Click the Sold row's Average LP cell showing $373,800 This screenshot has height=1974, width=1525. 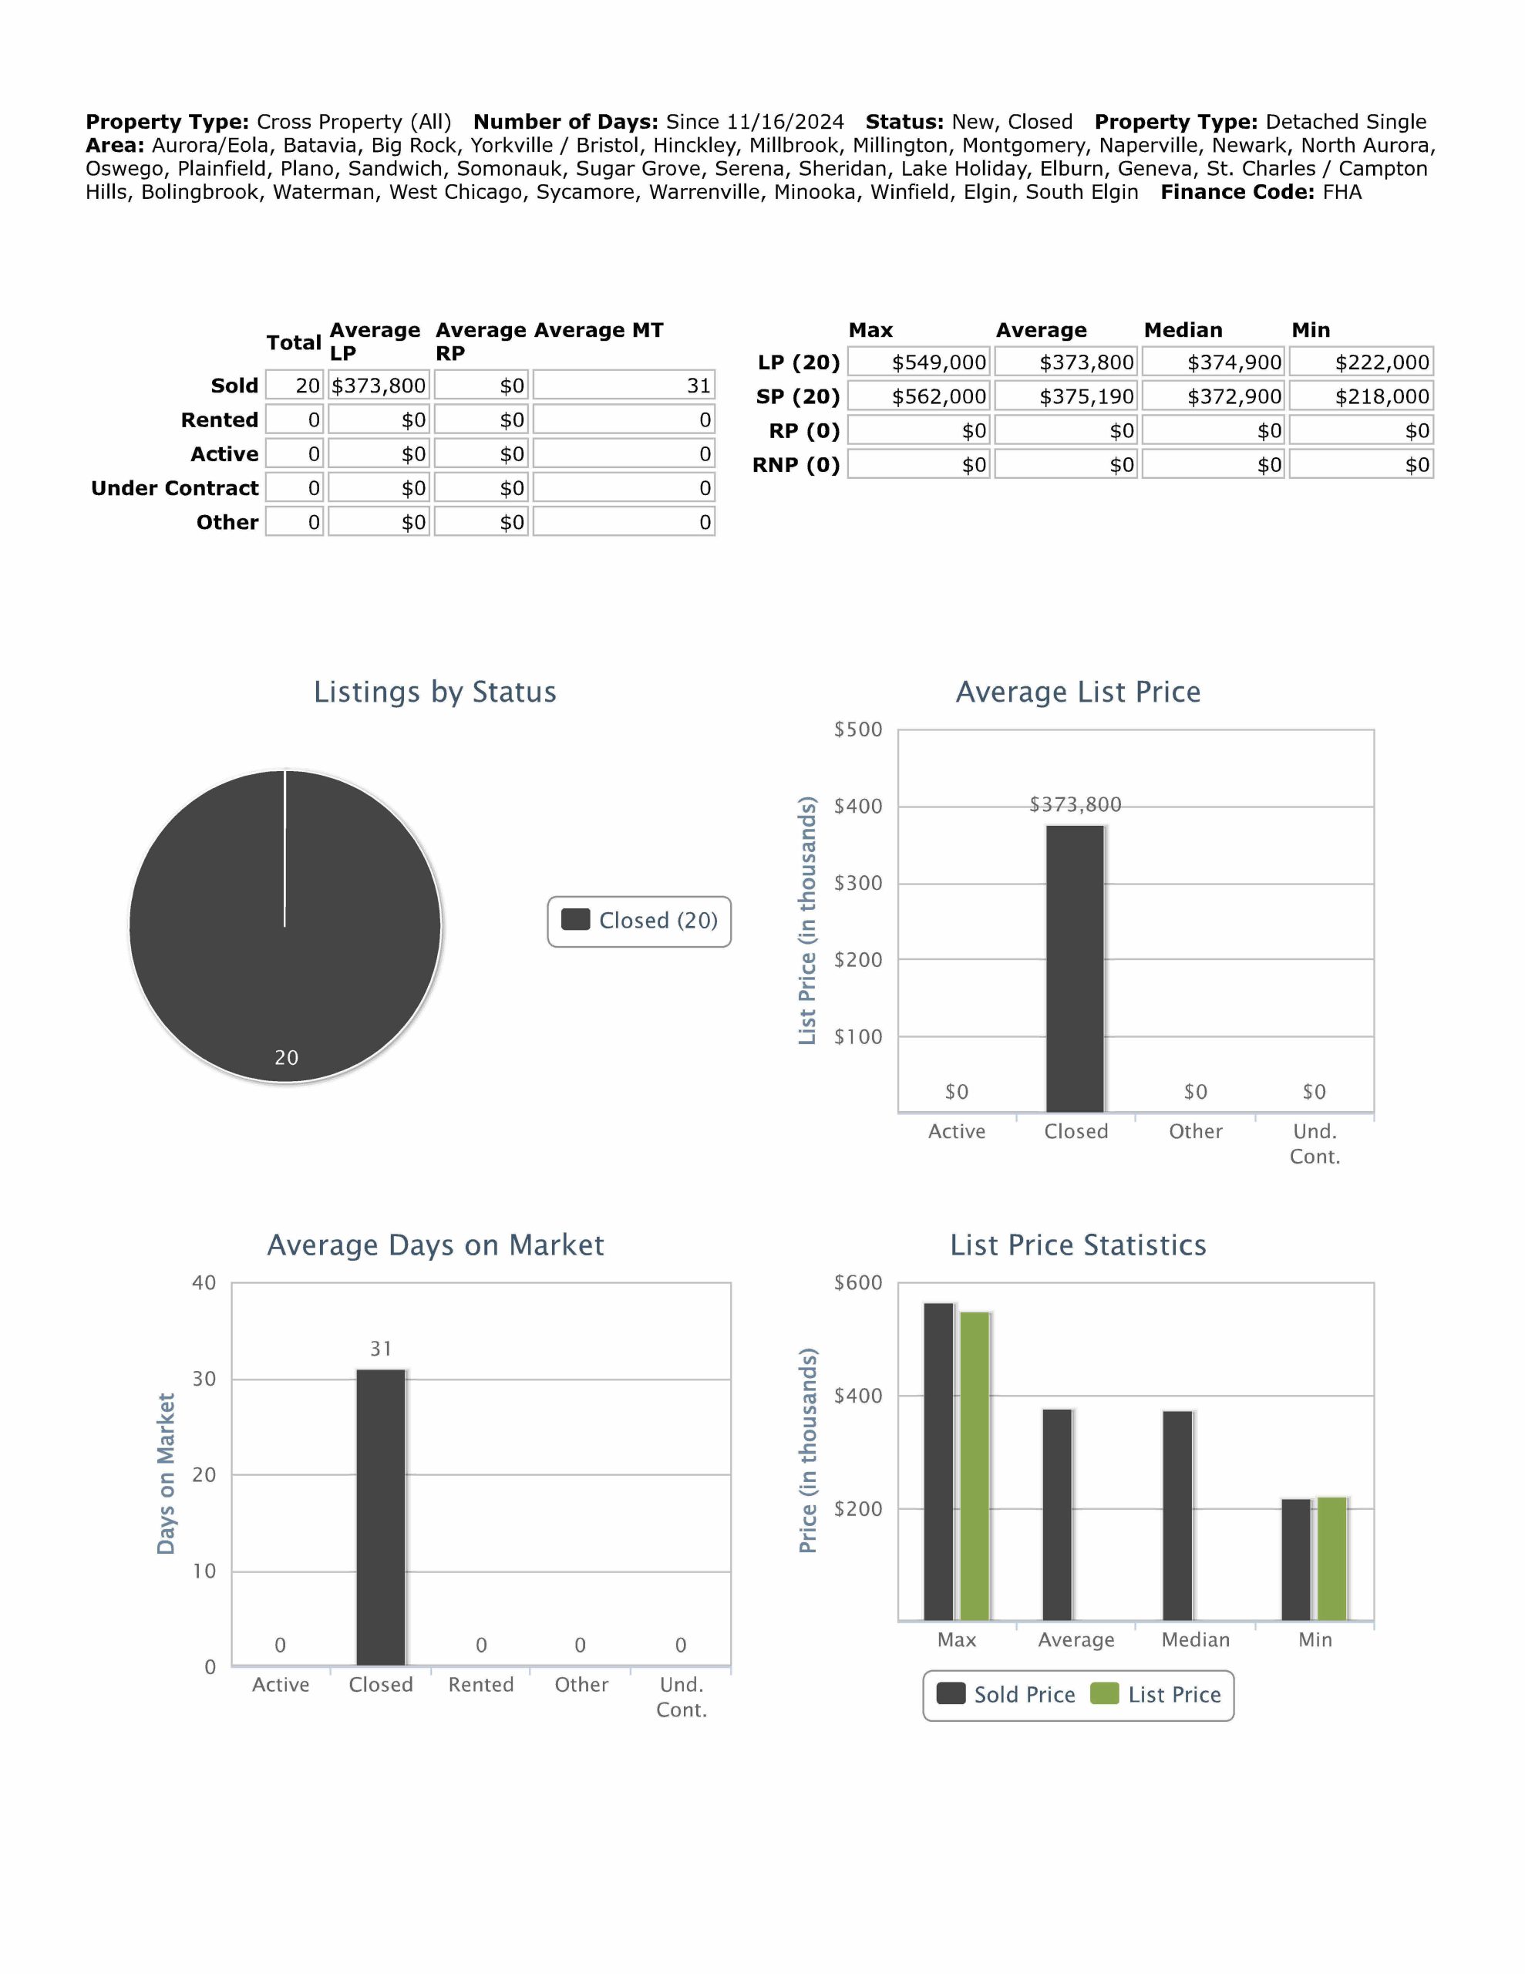[378, 386]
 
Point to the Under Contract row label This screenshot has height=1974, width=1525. [174, 488]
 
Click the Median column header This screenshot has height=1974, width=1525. [1183, 330]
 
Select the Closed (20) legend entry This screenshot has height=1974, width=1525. [640, 921]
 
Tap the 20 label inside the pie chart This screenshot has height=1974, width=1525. [287, 1057]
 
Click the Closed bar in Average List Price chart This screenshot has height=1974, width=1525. [1075, 967]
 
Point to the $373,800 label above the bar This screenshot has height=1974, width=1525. [1075, 804]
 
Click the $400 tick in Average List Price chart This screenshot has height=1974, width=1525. [857, 807]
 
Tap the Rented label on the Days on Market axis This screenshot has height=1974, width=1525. [481, 1685]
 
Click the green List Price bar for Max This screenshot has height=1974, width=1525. [975, 1464]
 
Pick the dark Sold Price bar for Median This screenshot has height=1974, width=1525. [1177, 1515]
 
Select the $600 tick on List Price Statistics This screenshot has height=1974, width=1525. [857, 1282]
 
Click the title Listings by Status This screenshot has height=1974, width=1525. [435, 692]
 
